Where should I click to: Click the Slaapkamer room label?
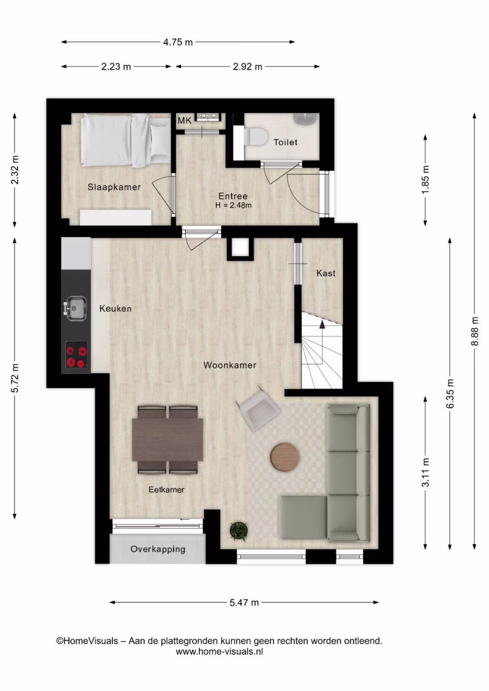[x=114, y=187]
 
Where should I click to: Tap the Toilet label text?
[x=286, y=142]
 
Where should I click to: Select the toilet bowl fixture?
[x=255, y=136]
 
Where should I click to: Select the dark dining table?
[x=168, y=440]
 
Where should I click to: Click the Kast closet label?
[x=326, y=273]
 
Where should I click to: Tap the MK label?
[x=185, y=121]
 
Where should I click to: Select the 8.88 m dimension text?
[x=476, y=331]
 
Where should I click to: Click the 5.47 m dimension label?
[x=244, y=602]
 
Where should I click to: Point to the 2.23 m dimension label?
[x=116, y=66]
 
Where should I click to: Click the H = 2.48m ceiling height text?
[x=234, y=205]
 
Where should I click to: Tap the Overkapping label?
[x=158, y=549]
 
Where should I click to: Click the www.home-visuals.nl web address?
[x=220, y=651]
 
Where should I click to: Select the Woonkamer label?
[x=230, y=365]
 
